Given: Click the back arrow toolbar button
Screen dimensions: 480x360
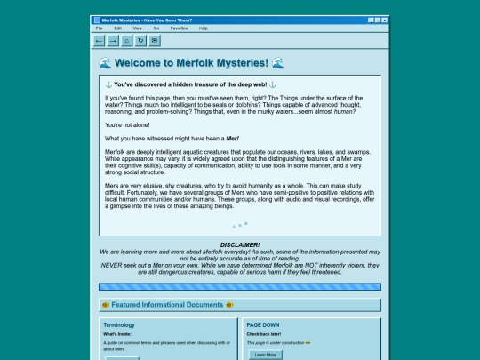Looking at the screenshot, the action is (x=99, y=40).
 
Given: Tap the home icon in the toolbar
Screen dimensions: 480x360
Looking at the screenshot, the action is (x=127, y=40).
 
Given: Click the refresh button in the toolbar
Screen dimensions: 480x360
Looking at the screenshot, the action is (x=141, y=40).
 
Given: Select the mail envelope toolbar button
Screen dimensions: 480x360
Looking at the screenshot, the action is (x=156, y=40).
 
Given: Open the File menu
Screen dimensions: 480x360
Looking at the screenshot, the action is (x=100, y=28).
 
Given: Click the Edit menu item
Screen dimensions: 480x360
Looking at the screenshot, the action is (x=117, y=28).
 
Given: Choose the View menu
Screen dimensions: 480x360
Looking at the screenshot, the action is (x=137, y=28).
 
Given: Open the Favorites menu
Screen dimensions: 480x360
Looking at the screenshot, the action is (x=179, y=28).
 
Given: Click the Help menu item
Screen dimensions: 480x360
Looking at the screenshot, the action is (x=204, y=28).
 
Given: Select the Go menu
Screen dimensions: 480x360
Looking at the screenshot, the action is (x=156, y=28).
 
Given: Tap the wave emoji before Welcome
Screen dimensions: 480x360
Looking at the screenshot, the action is (x=106, y=63).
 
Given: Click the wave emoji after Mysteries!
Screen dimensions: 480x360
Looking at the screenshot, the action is (x=278, y=63).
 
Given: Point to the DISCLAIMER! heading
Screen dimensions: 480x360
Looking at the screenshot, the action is (x=240, y=244).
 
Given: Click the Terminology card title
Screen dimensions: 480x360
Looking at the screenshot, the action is (x=119, y=325).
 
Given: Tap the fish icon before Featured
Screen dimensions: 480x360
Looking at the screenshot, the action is (x=106, y=304).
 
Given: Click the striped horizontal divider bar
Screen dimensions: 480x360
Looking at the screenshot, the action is (x=240, y=286).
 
